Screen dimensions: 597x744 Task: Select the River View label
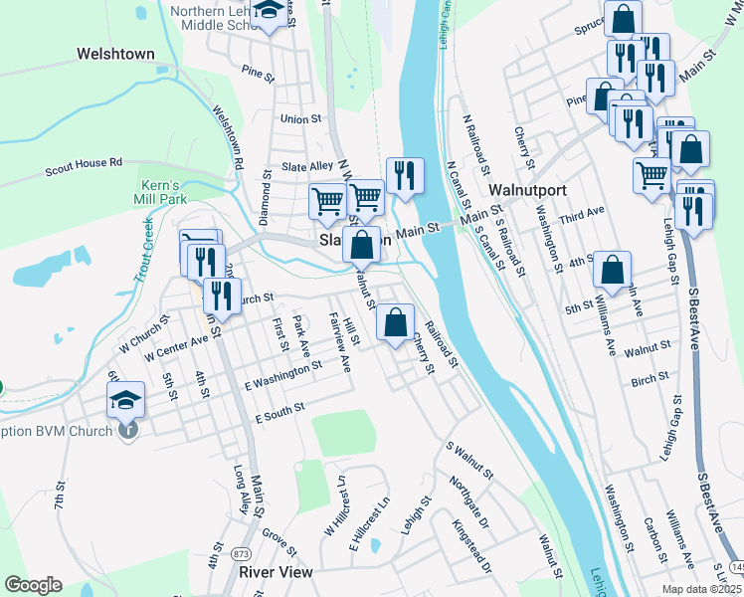[276, 572]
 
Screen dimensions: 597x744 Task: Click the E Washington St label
[282, 376]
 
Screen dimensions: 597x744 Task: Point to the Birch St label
[649, 381]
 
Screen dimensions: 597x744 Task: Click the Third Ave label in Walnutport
[582, 212]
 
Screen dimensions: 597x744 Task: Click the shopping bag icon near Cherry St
[396, 321]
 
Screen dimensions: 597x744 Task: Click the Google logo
[33, 585]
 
